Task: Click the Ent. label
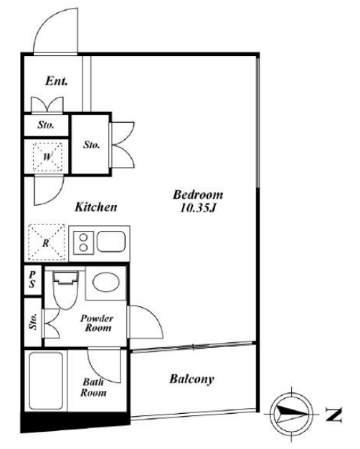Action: pyautogui.click(x=57, y=81)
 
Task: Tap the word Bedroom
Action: pyautogui.click(x=198, y=194)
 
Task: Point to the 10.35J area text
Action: pyautogui.click(x=198, y=208)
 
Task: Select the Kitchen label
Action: pyautogui.click(x=96, y=207)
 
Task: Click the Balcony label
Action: pyautogui.click(x=192, y=379)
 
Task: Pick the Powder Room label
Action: pyautogui.click(x=98, y=323)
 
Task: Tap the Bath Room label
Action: pyautogui.click(x=93, y=387)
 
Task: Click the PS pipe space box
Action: pyautogui.click(x=33, y=280)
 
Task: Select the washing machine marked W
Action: pyautogui.click(x=47, y=156)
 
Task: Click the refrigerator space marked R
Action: pyautogui.click(x=47, y=242)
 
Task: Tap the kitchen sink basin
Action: pyautogui.click(x=111, y=241)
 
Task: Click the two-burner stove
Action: pyautogui.click(x=83, y=242)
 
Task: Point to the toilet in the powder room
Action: pyautogui.click(x=65, y=290)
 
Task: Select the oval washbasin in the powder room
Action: pyautogui.click(x=106, y=283)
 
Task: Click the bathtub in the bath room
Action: pyautogui.click(x=46, y=381)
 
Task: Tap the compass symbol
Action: pyautogui.click(x=292, y=414)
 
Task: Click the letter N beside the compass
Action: pyautogui.click(x=333, y=415)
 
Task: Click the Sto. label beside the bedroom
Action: pyautogui.click(x=91, y=145)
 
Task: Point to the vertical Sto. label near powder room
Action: pyautogui.click(x=33, y=321)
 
